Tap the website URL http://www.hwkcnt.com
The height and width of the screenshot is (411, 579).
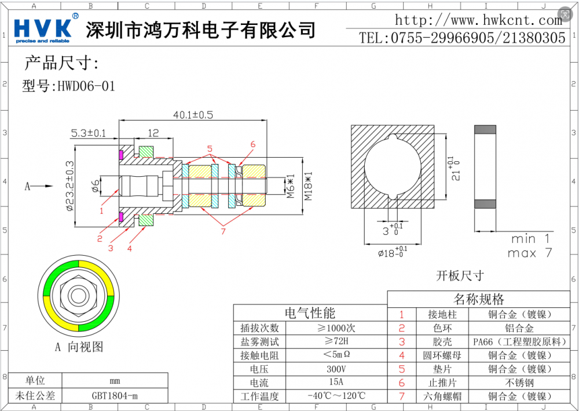tap(478, 20)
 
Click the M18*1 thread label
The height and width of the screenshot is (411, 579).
tap(308, 186)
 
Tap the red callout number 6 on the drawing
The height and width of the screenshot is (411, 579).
tap(252, 144)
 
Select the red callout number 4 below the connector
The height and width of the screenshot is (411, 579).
tap(130, 249)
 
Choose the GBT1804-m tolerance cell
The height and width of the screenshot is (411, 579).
tap(115, 396)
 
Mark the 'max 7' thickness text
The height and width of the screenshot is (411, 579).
tap(529, 253)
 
